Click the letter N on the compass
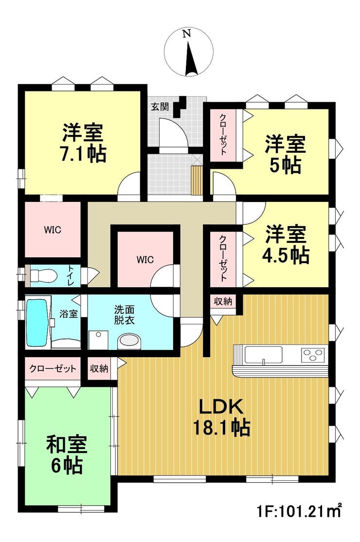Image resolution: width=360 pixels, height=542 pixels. tap(187, 34)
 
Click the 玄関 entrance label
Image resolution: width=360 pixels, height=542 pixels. tap(160, 107)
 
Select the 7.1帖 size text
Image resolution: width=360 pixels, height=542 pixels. tap(83, 154)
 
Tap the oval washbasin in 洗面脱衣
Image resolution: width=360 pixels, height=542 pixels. tap(130, 341)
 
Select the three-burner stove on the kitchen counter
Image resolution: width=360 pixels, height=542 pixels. tap(313, 355)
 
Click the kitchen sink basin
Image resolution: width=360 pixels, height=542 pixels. tap(263, 355)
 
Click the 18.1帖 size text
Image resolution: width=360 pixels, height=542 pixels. tap(221, 428)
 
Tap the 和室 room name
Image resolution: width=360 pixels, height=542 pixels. tap(67, 445)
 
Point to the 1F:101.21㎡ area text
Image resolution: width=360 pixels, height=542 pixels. tap(299, 510)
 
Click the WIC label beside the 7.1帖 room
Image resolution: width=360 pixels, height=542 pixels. tap(53, 230)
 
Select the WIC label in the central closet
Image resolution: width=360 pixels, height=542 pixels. tap(145, 260)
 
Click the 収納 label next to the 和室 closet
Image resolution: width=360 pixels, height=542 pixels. tap(99, 368)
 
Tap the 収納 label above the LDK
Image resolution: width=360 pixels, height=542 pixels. tap(223, 302)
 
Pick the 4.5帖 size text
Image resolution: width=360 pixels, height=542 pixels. tap(286, 255)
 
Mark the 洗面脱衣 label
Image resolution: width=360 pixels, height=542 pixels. tap(125, 314)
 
